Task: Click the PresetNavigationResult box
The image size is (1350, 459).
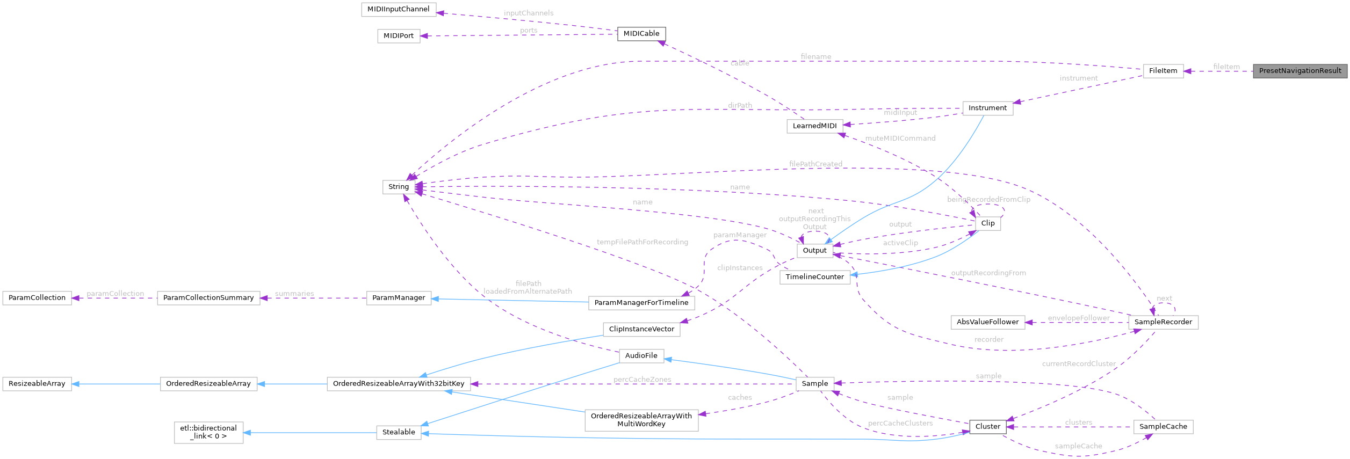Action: (x=1300, y=71)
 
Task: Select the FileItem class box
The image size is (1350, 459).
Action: (x=1163, y=71)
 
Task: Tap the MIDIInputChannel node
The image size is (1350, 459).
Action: (x=398, y=10)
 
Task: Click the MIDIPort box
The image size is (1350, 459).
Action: (x=398, y=36)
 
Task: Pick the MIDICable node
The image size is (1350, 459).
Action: (x=641, y=34)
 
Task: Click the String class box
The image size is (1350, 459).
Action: (x=398, y=187)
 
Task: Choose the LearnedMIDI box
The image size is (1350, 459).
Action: (x=814, y=126)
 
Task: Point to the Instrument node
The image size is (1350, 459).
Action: (x=987, y=108)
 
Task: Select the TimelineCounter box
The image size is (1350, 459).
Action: (x=814, y=277)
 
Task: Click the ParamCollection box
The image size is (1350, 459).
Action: (x=37, y=298)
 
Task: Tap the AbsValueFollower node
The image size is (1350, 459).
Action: (x=987, y=322)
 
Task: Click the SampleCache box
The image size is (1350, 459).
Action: (x=1163, y=427)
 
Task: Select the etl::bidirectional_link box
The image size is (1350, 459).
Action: (x=208, y=432)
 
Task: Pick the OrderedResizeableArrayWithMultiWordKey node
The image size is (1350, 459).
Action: (x=641, y=420)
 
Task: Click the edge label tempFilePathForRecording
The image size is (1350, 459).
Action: (x=642, y=242)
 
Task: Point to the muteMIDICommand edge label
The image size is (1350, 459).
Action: (x=900, y=139)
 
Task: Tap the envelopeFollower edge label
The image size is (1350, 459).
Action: (x=1078, y=318)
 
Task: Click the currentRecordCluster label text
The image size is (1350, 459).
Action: (x=1078, y=364)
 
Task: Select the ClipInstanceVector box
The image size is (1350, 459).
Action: (x=641, y=329)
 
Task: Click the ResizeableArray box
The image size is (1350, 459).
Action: (x=37, y=384)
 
